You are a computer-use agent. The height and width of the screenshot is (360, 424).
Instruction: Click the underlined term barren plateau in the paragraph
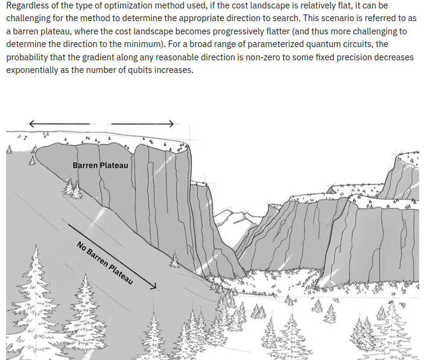coord(42,31)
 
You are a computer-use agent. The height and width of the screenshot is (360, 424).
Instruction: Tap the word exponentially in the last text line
coord(32,71)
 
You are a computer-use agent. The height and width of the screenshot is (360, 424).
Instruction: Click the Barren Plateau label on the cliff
coord(100,165)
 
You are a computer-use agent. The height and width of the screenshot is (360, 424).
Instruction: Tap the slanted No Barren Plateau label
coord(105,263)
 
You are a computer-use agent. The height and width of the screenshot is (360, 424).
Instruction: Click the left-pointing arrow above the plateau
coord(59,124)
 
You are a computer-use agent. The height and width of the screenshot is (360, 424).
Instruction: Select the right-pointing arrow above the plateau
coord(142,124)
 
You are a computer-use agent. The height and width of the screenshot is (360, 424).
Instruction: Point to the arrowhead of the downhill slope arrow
coord(154,286)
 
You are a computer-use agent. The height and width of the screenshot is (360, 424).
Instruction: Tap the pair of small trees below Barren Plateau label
coord(73,188)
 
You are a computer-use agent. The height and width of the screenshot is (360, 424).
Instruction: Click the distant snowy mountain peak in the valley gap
coord(236,216)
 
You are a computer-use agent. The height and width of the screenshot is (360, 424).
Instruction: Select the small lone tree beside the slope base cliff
coord(175,261)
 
